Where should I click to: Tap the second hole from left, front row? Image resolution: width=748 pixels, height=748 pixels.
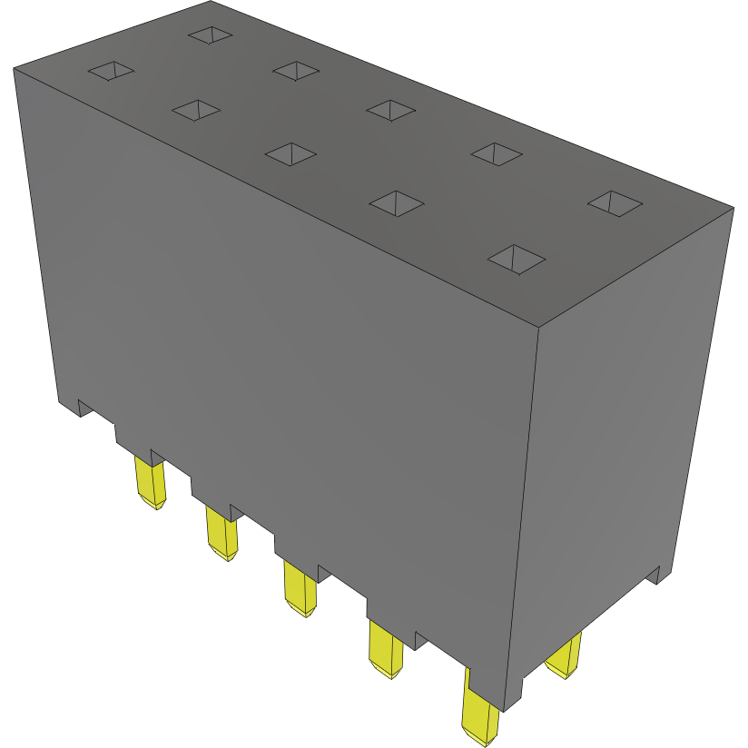tap(196, 110)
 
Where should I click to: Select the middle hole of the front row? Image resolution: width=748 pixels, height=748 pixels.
tap(290, 153)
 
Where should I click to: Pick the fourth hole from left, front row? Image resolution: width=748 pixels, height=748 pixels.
tap(398, 202)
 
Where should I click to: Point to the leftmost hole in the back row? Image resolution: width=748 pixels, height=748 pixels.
tap(211, 34)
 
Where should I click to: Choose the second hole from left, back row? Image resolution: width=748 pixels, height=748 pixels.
tap(297, 69)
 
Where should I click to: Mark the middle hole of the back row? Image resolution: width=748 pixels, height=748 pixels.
tap(391, 109)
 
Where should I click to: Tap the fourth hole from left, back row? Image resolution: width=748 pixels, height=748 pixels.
tap(497, 153)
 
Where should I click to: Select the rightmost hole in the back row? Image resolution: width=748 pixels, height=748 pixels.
tap(615, 202)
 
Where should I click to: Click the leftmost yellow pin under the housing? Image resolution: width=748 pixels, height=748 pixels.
tap(150, 482)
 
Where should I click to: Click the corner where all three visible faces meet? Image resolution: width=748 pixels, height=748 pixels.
tap(539, 326)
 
